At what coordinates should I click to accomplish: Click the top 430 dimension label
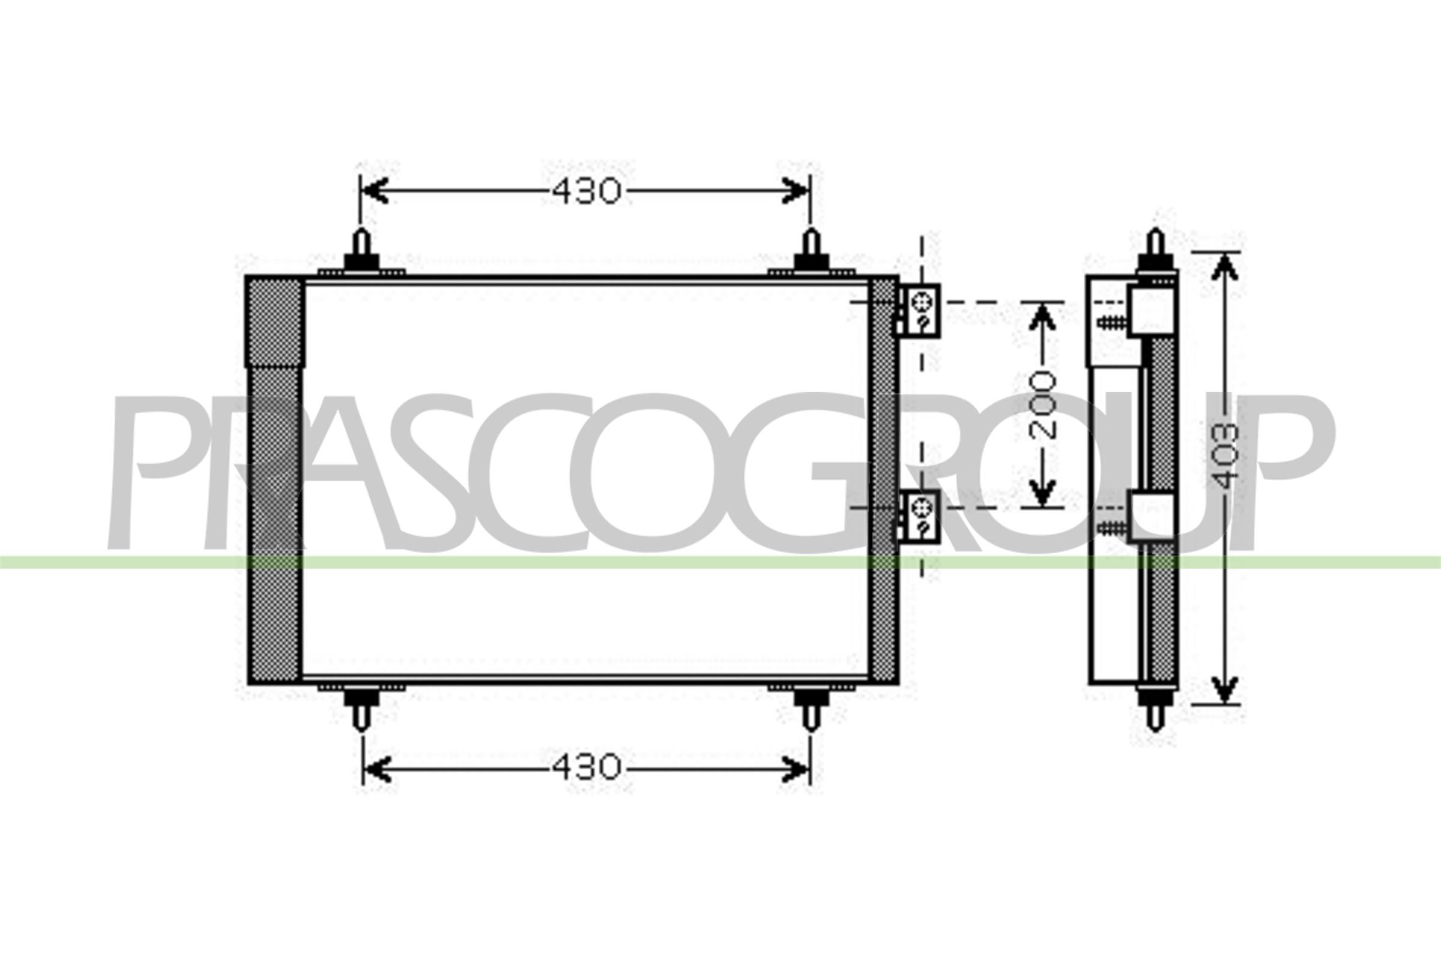(587, 191)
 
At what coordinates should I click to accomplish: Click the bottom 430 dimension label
(587, 767)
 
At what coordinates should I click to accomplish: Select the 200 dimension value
(1042, 406)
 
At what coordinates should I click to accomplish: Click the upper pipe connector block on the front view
(920, 310)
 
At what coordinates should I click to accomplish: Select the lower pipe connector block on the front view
(920, 515)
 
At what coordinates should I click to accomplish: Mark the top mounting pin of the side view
(1155, 248)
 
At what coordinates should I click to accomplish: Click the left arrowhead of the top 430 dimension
(373, 191)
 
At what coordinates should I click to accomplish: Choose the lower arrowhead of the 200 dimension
(1042, 493)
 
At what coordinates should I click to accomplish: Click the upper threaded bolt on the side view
(1112, 322)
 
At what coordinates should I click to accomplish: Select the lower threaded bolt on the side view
(1112, 527)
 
